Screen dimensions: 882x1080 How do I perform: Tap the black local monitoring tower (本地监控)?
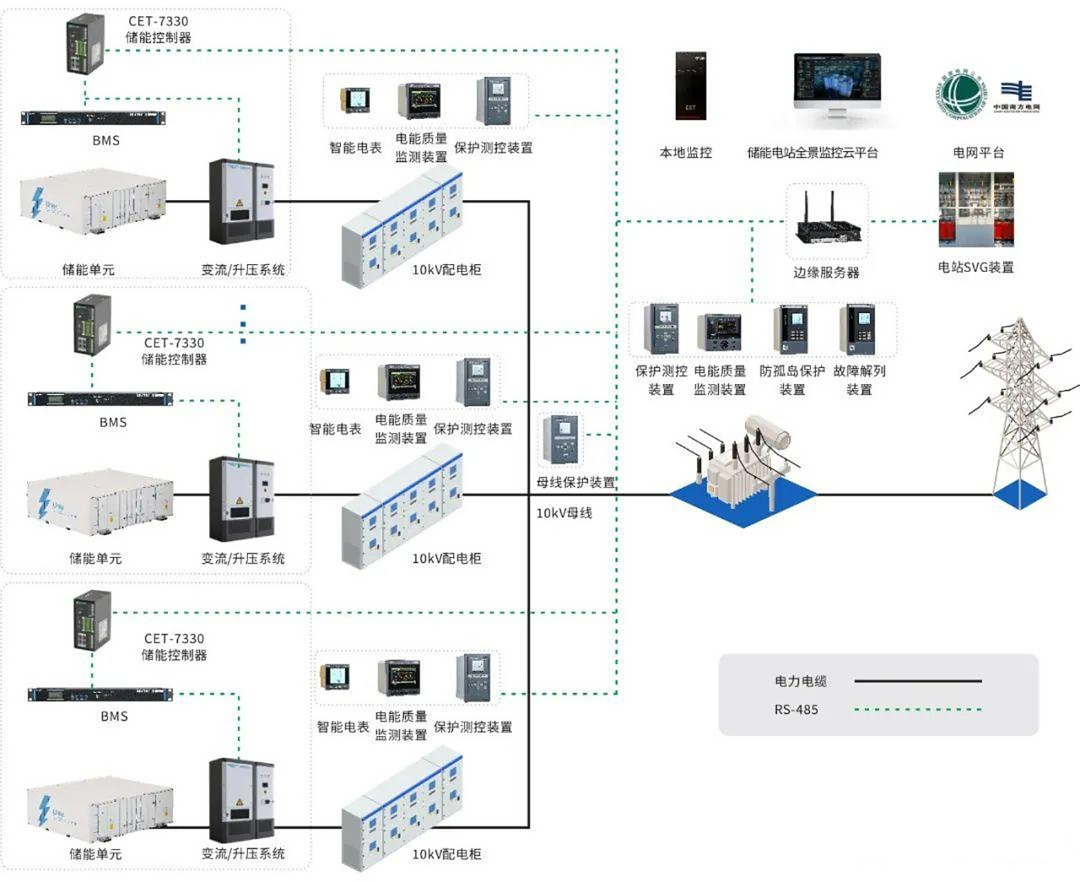pyautogui.click(x=691, y=85)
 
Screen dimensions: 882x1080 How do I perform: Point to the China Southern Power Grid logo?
pyautogui.click(x=1015, y=95)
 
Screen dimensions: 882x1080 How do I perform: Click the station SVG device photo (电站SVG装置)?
pyautogui.click(x=976, y=210)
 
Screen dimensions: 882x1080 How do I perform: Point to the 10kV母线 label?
pyautogui.click(x=564, y=513)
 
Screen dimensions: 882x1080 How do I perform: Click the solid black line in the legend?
pyautogui.click(x=917, y=681)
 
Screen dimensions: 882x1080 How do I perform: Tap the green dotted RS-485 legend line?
pyautogui.click(x=917, y=709)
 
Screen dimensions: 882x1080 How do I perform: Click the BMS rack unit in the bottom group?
pyautogui.click(x=100, y=695)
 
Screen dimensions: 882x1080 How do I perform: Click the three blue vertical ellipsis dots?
pyautogui.click(x=243, y=324)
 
